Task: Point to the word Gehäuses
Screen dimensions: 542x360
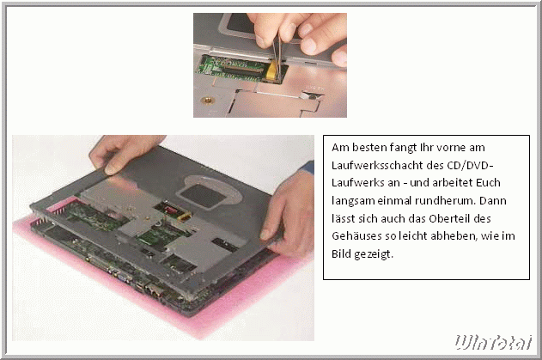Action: pos(356,236)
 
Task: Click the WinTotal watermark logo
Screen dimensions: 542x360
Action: pos(493,342)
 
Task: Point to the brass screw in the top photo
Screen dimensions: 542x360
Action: pos(207,101)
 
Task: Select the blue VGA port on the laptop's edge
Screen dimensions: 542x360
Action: pos(123,276)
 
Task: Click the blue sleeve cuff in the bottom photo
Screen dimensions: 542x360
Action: pos(308,168)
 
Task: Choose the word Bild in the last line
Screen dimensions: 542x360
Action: pos(340,254)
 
